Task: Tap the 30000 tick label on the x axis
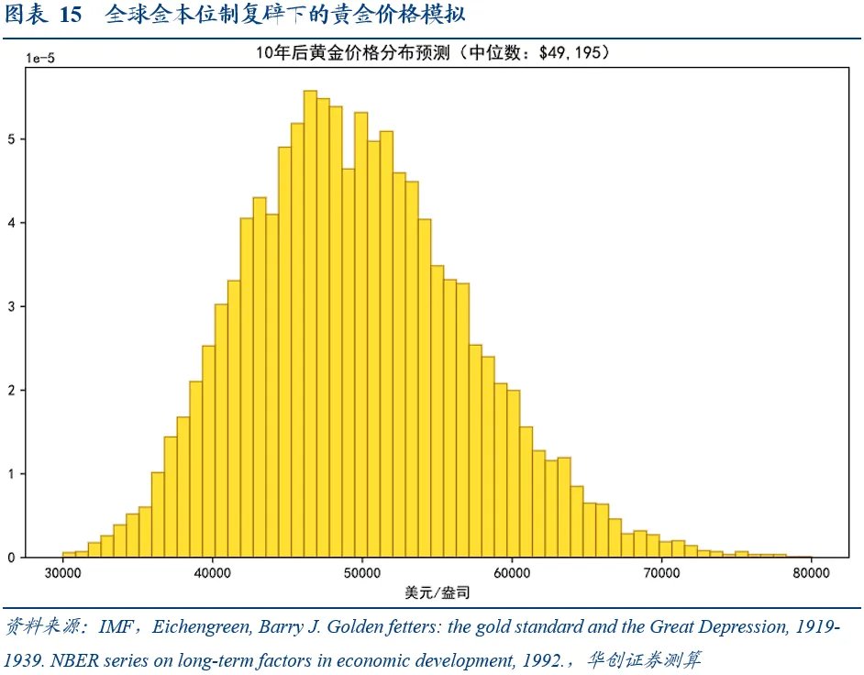pyautogui.click(x=61, y=574)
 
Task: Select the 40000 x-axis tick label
pyautogui.click(x=212, y=574)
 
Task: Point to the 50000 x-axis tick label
pyautogui.click(x=362, y=574)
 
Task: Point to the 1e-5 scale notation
pyautogui.click(x=40, y=58)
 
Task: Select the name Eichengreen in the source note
pyautogui.click(x=196, y=628)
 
